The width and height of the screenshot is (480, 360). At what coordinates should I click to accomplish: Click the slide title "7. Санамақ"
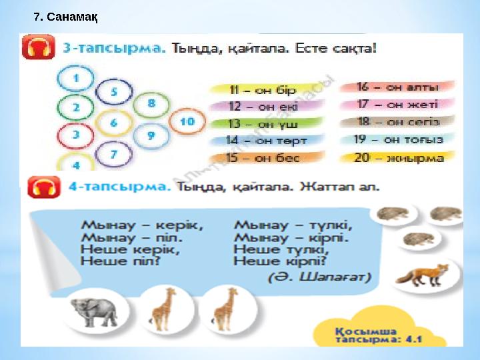[66, 17]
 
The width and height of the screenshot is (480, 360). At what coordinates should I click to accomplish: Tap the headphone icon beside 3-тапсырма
[39, 49]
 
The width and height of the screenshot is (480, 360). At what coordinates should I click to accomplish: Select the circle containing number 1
[75, 79]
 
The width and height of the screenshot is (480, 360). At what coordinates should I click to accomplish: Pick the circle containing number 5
[114, 93]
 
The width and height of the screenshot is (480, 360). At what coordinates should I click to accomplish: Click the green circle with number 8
[151, 104]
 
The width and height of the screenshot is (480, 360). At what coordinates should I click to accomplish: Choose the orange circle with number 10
[187, 121]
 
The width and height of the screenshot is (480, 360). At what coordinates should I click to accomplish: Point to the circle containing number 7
[114, 154]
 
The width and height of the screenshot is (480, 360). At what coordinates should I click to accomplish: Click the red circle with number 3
[75, 135]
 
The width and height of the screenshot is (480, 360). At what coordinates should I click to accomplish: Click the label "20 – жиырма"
[399, 158]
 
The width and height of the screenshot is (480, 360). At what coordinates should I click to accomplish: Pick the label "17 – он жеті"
[397, 104]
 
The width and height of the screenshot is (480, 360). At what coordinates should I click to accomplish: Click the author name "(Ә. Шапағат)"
[319, 277]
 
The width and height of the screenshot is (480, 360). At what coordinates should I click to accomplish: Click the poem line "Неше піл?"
[121, 262]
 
